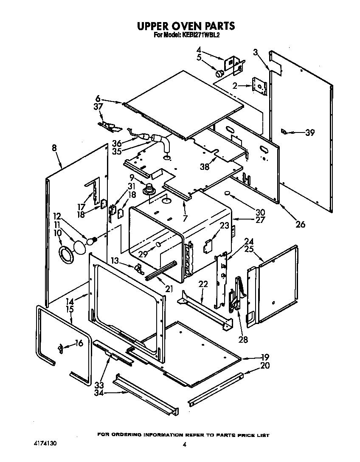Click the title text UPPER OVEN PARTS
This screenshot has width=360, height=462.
(x=186, y=26)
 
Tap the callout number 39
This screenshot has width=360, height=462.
(x=310, y=132)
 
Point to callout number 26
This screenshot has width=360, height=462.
(x=300, y=224)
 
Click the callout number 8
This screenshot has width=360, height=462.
(x=54, y=149)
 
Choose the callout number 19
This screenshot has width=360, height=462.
(x=265, y=357)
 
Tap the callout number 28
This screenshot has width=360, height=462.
(x=243, y=339)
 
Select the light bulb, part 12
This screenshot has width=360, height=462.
(x=90, y=241)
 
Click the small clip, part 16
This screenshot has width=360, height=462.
(x=61, y=349)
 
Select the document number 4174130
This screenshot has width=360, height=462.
(x=45, y=443)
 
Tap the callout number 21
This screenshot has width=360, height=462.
(x=169, y=290)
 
